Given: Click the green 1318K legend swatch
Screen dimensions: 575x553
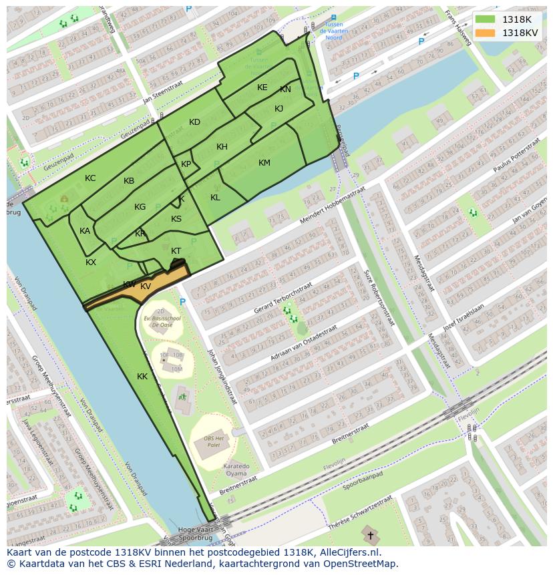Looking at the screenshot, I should pos(486,19).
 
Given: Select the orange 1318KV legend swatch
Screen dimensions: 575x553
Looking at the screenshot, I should pos(486,33).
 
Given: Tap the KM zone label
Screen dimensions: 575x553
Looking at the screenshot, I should pos(264,163).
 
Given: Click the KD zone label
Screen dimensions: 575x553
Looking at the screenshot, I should pos(194,122).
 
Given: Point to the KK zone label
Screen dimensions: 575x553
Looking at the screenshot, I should pos(142,377).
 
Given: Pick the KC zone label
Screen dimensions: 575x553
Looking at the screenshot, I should pos(90,178).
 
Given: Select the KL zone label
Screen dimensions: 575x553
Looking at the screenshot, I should pos(215,198).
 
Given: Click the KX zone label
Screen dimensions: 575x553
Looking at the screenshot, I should pos(91,262).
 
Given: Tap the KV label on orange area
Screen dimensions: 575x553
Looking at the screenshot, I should pos(146,286).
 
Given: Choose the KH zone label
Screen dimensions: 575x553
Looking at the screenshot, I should pos(222,147).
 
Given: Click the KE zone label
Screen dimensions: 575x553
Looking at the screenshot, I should pos(262,87).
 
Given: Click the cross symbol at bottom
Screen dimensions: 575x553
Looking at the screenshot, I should pos(371,536).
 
